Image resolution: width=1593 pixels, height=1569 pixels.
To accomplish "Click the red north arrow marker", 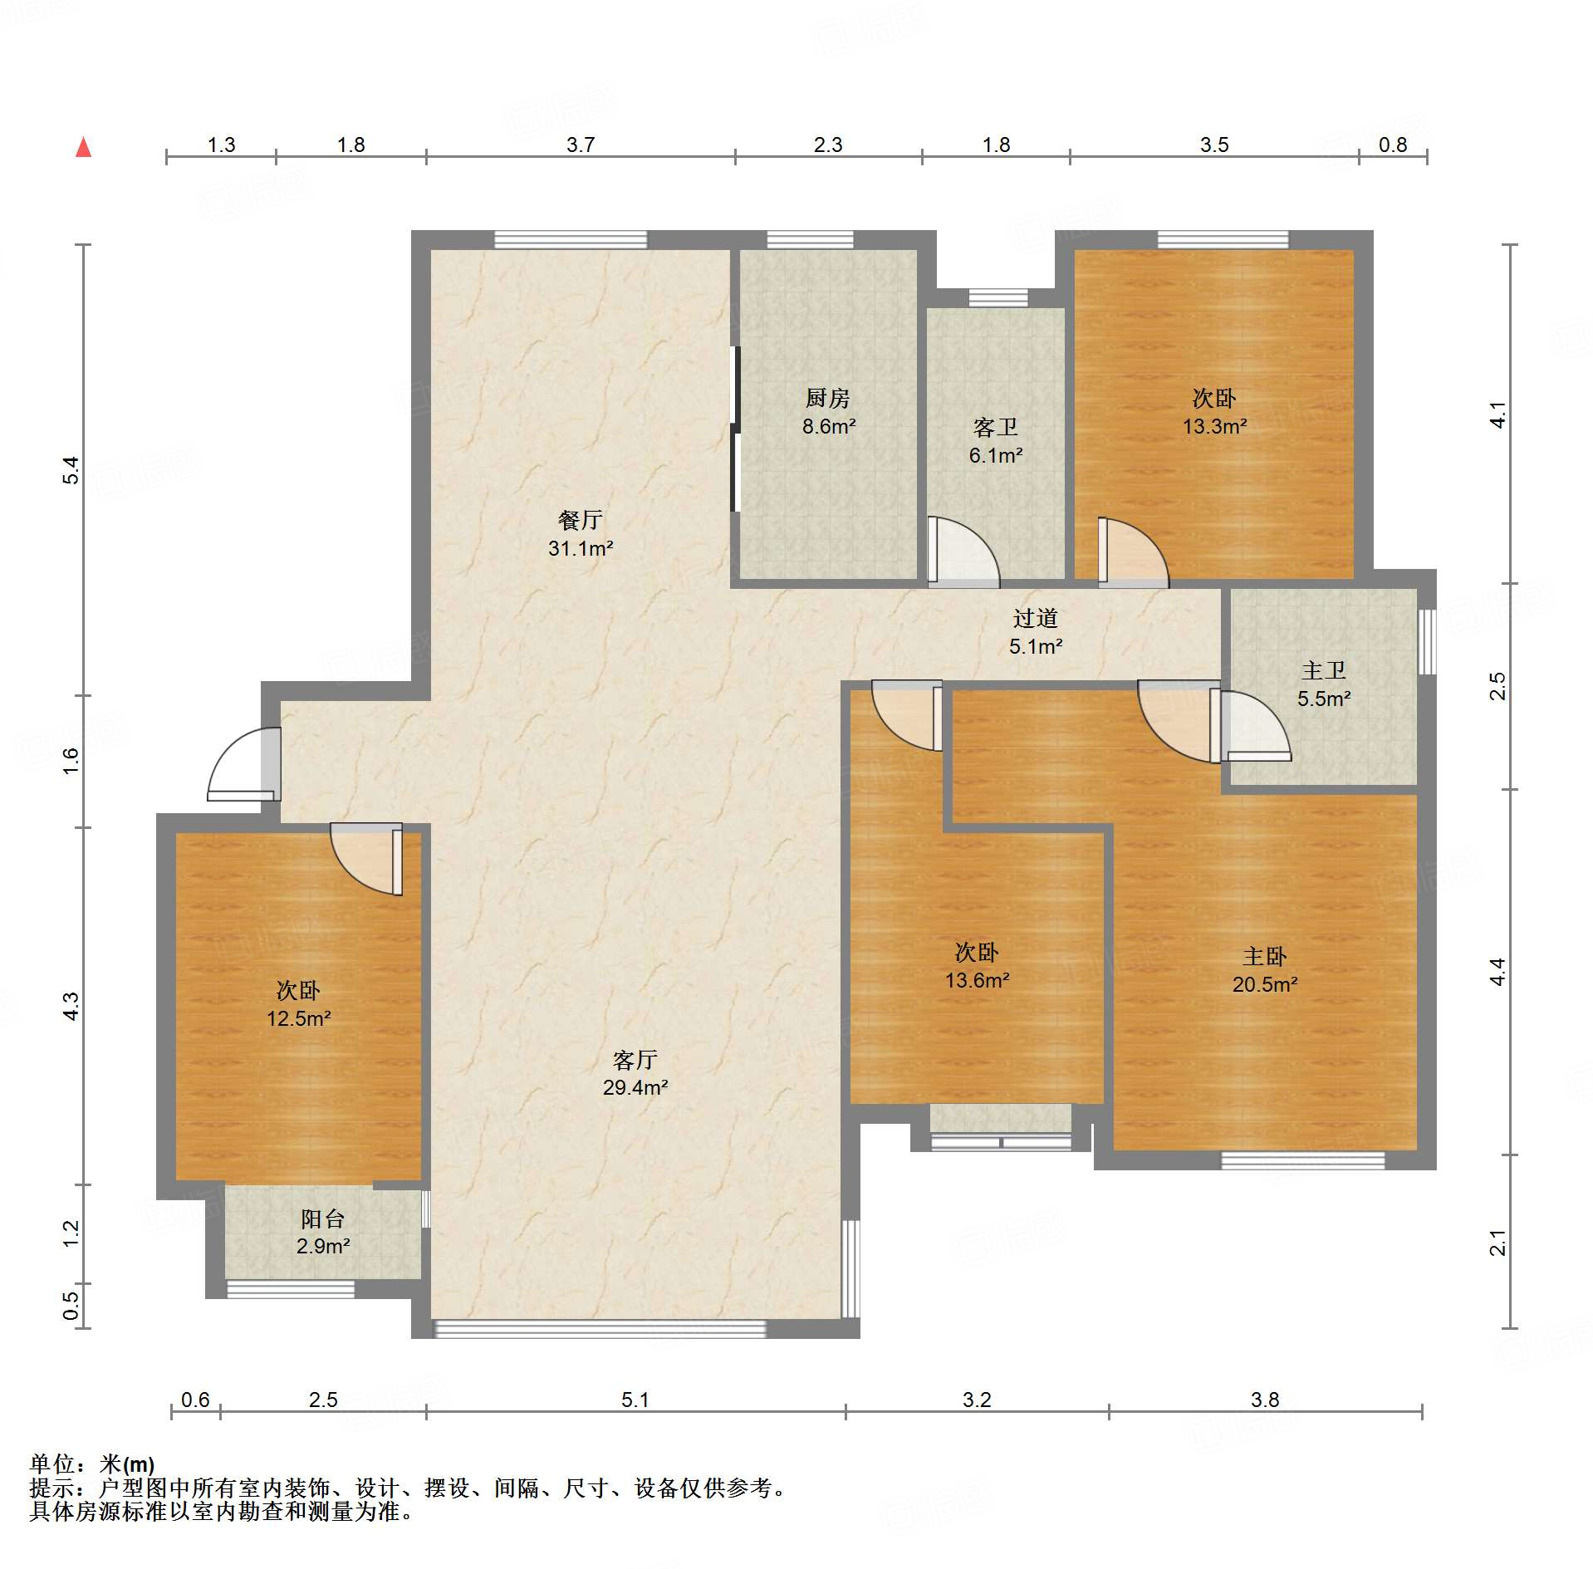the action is pos(83,147).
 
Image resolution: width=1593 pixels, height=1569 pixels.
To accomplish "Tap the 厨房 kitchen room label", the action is pos(828,399).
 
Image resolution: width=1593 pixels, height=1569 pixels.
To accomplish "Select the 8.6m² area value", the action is pos(829,427).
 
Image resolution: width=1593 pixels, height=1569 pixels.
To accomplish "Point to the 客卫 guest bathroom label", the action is pos(995,428).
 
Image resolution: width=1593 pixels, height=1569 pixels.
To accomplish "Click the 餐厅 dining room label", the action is pos(580,521).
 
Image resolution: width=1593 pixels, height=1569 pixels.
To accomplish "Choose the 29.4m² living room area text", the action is pos(635,1087).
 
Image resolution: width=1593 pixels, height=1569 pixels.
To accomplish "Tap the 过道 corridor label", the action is pos(1036,618).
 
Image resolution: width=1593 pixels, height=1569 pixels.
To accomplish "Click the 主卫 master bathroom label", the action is pos(1324,670).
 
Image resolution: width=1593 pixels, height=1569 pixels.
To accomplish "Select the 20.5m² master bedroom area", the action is pos(1265,984).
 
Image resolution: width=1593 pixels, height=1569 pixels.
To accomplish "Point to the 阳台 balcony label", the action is pos(322,1218).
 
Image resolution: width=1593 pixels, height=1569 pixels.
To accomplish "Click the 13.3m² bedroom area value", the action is pos(1215,427).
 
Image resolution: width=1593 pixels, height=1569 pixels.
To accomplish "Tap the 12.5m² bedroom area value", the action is pos(299,1018).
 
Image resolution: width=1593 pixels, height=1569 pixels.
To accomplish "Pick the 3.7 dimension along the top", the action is pos(581,145).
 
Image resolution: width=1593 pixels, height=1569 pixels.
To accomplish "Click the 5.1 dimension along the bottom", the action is pos(635,1400).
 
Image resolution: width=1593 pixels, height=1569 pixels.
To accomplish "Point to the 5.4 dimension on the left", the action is pos(72,470).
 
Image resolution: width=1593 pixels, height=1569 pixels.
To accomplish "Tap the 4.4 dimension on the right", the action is pos(1497,972).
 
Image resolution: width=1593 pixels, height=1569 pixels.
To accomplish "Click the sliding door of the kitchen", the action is pos(735,429).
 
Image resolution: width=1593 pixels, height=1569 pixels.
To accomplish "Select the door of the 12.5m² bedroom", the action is pos(366,859).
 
